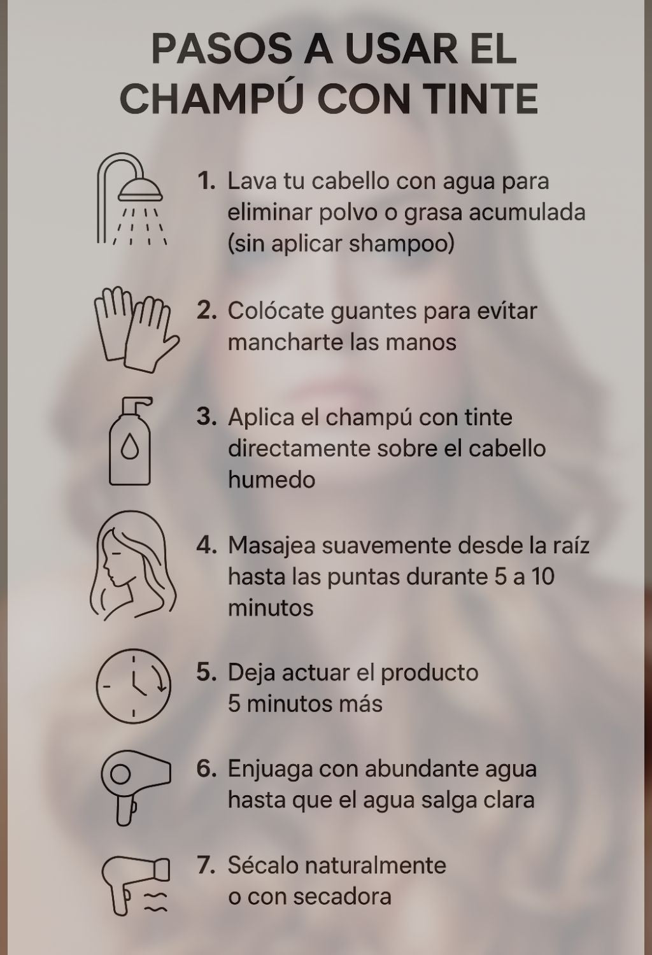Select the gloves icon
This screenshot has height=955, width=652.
pyautogui.click(x=136, y=329)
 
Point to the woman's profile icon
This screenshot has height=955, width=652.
pyautogui.click(x=132, y=565)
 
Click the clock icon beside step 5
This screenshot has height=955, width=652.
pyautogui.click(x=134, y=686)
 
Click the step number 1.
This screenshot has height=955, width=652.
pyautogui.click(x=206, y=181)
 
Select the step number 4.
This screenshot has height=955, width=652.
pyautogui.click(x=206, y=545)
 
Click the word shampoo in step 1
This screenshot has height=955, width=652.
pyautogui.click(x=402, y=244)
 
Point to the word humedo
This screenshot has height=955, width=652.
pyautogui.click(x=272, y=479)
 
